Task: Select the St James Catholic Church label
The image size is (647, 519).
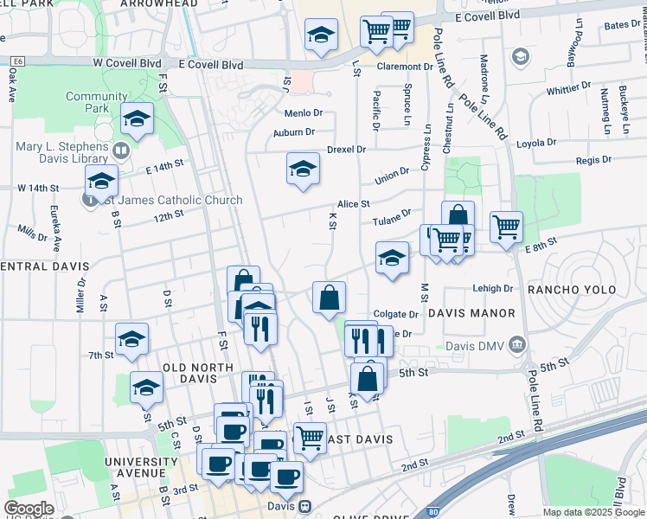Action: (x=171, y=200)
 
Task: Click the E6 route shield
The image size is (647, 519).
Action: (x=16, y=62)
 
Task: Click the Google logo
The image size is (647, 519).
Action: (x=29, y=509)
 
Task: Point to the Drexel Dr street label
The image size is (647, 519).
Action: (x=347, y=150)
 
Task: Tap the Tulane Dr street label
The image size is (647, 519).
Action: (x=391, y=221)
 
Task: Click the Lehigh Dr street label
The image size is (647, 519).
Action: (x=493, y=289)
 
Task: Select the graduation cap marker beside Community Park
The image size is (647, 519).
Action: (x=137, y=120)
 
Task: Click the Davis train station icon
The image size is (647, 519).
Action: (x=305, y=506)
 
